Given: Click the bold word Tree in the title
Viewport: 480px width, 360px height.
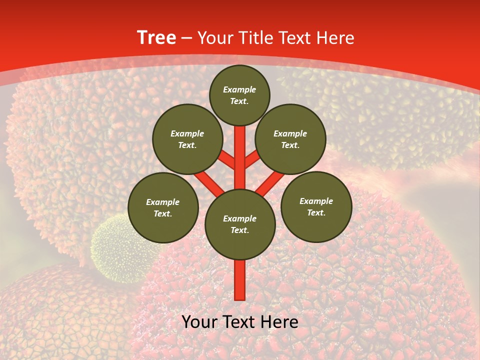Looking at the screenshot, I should [x=156, y=38].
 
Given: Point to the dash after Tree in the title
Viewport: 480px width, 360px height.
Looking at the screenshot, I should [x=186, y=38].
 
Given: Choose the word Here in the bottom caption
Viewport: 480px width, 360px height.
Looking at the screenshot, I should [x=279, y=322].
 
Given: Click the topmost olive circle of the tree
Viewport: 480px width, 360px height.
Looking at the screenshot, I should [x=239, y=95].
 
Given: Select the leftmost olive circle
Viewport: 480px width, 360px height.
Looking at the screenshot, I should [x=163, y=207].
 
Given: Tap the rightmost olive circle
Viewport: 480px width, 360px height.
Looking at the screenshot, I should [x=316, y=206].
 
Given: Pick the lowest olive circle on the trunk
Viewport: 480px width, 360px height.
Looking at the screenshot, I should [x=240, y=224].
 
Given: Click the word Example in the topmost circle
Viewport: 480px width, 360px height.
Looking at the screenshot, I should [x=239, y=89].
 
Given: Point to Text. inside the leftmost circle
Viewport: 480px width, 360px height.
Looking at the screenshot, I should [x=163, y=213].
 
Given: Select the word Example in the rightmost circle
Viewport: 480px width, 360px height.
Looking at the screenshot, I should [x=316, y=201].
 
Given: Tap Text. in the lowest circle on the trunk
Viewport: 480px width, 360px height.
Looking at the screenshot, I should [x=239, y=230].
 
